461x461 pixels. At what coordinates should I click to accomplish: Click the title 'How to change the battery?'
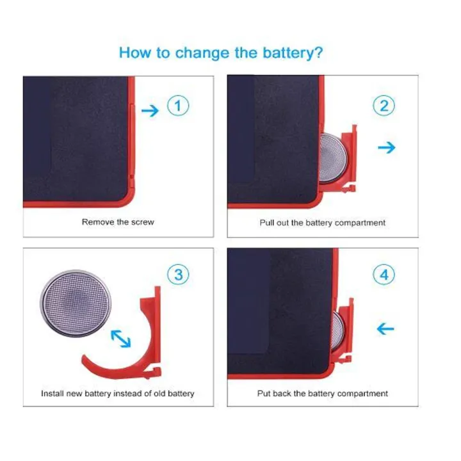pos(221,53)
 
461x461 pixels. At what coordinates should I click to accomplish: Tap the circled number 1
pos(178,106)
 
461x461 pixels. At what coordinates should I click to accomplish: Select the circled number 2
pos(384,106)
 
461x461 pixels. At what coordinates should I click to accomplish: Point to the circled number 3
pos(178,275)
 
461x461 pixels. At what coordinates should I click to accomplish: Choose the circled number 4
pos(384,275)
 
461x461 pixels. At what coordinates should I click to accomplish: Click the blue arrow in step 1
pos(150,111)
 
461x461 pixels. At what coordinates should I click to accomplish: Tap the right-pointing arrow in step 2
pos(387,147)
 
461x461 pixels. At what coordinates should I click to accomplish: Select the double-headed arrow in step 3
pos(121,339)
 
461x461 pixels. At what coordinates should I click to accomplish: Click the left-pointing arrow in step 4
pos(385,328)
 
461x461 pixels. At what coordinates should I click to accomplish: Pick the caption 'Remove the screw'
pos(118,222)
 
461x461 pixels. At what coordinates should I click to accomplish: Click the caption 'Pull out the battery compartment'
pos(323,223)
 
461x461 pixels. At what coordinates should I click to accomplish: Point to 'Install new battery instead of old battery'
pos(118,393)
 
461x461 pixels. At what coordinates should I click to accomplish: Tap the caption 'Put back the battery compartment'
pos(323,393)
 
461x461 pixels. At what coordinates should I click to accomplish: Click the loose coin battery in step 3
pos(76,303)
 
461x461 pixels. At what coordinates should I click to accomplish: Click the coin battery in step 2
pos(333,158)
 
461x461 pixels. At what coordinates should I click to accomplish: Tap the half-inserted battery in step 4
pos(337,332)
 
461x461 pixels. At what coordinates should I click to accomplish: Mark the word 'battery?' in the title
pos(293,53)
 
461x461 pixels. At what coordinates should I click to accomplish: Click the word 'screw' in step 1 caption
pos(143,222)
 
